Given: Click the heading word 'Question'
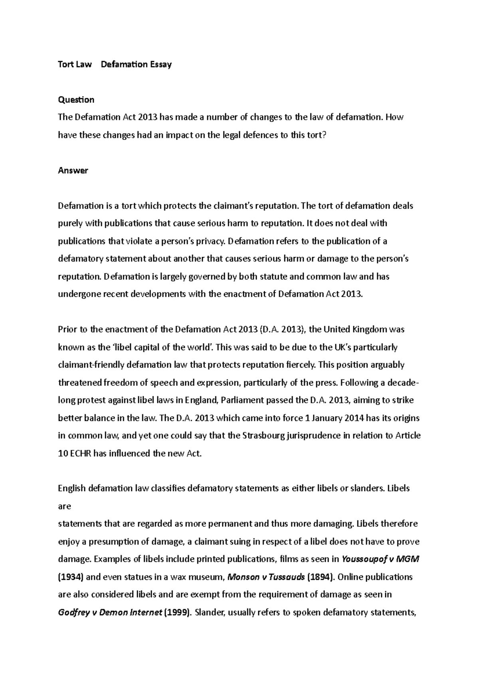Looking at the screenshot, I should (76, 100).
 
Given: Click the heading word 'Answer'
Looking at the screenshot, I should (73, 170).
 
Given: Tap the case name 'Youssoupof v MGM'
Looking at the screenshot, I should (380, 559).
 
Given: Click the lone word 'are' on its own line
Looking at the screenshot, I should (64, 506).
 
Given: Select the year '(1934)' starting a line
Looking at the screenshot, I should (71, 577).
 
